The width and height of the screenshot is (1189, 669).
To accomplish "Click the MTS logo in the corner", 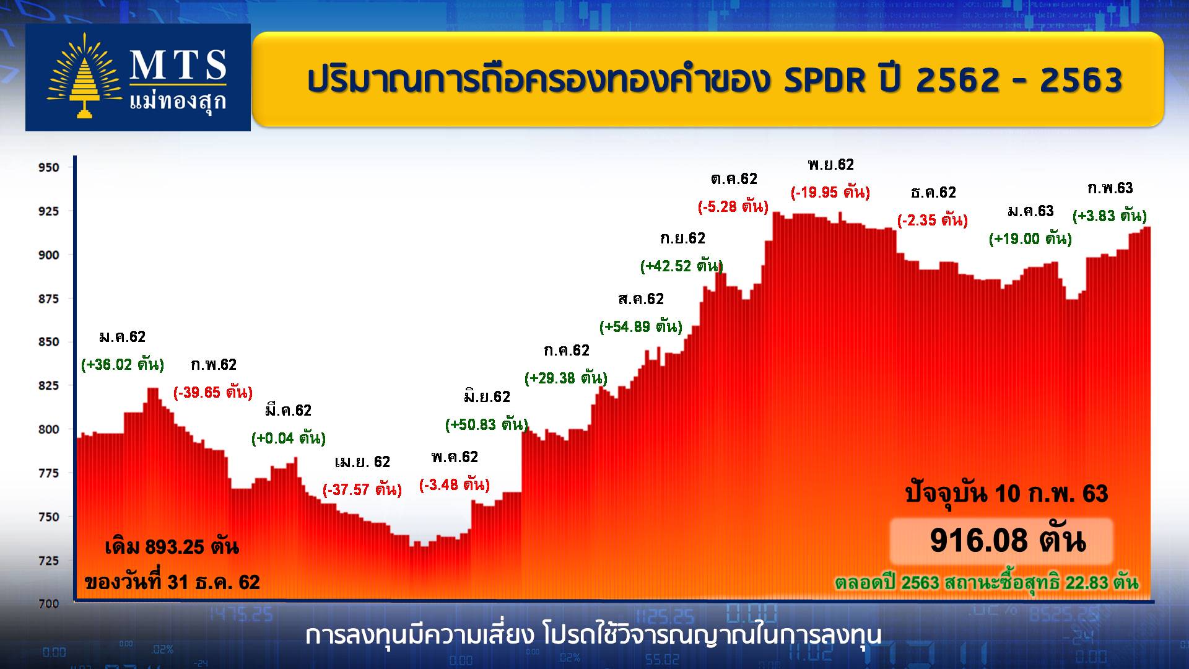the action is pyautogui.click(x=137, y=77).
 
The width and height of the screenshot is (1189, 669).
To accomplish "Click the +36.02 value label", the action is pyautogui.click(x=123, y=364).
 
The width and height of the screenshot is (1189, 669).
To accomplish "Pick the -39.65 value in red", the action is pyautogui.click(x=213, y=392).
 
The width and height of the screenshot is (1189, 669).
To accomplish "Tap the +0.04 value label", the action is pyautogui.click(x=289, y=438).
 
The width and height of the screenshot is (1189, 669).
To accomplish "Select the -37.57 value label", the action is pyautogui.click(x=362, y=489).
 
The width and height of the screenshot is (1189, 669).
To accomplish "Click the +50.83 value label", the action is pyautogui.click(x=487, y=424).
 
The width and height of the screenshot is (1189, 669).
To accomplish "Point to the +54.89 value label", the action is pyautogui.click(x=641, y=326).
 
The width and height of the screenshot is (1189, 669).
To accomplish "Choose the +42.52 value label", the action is pyautogui.click(x=682, y=266).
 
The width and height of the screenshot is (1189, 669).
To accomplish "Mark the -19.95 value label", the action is pyautogui.click(x=830, y=192).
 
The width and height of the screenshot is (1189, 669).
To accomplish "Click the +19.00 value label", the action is pyautogui.click(x=1030, y=238).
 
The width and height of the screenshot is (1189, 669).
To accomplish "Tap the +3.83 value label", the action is pyautogui.click(x=1110, y=216).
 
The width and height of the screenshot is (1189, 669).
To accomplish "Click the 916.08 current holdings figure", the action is pyautogui.click(x=1008, y=540).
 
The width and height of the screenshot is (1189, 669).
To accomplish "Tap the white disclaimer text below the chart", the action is pyautogui.click(x=594, y=636).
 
